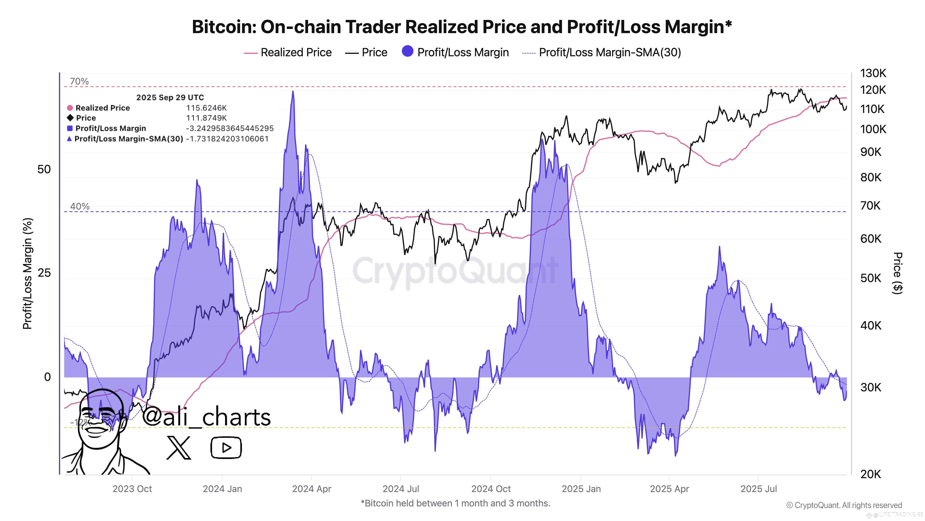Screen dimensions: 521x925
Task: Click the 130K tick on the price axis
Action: click(x=873, y=73)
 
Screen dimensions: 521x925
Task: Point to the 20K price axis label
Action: click(x=870, y=474)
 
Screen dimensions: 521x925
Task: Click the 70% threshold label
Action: click(x=79, y=81)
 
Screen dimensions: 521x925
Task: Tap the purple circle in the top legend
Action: click(x=407, y=51)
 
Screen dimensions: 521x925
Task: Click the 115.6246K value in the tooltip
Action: click(x=207, y=108)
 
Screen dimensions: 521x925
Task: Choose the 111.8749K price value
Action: click(x=207, y=118)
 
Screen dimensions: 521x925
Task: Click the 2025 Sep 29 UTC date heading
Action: click(x=170, y=97)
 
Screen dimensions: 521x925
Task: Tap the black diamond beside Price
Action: click(x=70, y=118)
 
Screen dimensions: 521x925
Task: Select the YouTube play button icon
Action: click(x=226, y=448)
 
